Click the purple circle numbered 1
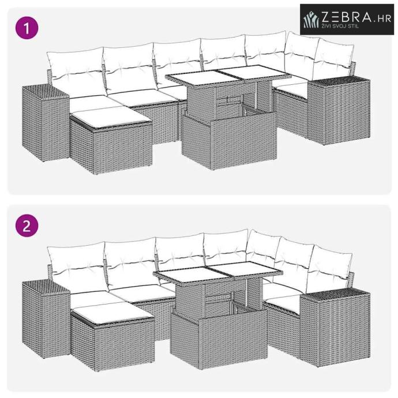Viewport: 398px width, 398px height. pyautogui.click(x=27, y=28)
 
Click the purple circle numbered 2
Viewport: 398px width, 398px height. pyautogui.click(x=27, y=226)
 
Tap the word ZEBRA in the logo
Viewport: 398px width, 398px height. pyautogui.click(x=347, y=17)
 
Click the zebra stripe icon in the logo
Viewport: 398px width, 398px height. pyautogui.click(x=311, y=19)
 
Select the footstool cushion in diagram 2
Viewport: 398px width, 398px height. pyautogui.click(x=112, y=314)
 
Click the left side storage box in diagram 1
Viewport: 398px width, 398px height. pyautogui.click(x=46, y=123)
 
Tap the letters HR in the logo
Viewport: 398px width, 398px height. pyautogui.click(x=384, y=18)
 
